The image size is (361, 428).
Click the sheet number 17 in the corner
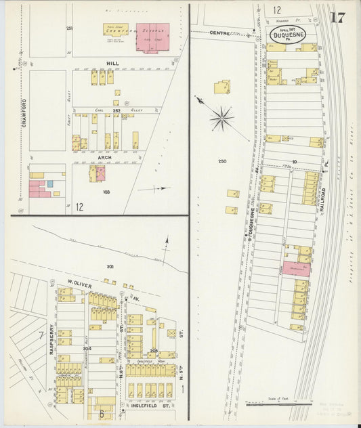click(x=339, y=18)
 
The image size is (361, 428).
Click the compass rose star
click(x=221, y=119)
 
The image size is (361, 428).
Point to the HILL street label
click(x=112, y=62)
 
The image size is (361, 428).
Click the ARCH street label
click(x=105, y=157)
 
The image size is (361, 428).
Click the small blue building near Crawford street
click(x=49, y=184)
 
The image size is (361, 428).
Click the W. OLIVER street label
click(x=80, y=282)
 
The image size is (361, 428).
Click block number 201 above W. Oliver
click(x=110, y=266)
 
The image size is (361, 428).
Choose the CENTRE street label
click(x=219, y=32)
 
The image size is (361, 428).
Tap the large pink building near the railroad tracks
click(x=296, y=268)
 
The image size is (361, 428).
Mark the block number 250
click(x=221, y=161)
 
